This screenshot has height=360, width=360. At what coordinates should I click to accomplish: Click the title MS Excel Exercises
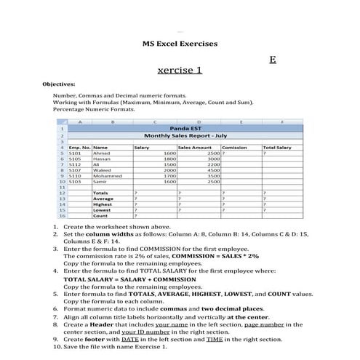click(x=180, y=44)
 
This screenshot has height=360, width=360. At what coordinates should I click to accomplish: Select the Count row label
click(x=100, y=216)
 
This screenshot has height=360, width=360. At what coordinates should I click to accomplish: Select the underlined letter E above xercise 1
click(x=272, y=59)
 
